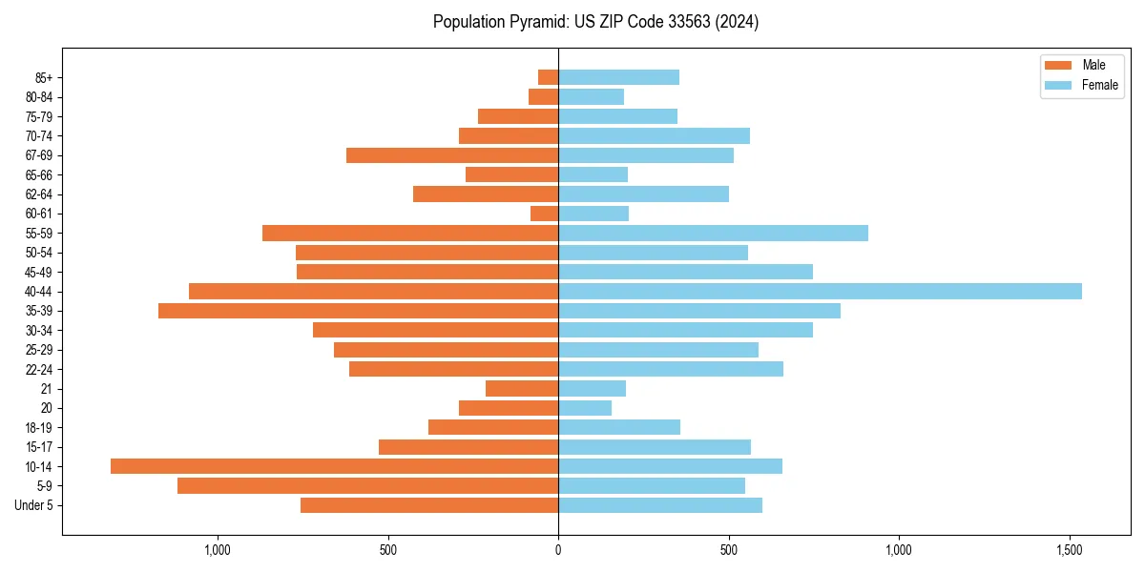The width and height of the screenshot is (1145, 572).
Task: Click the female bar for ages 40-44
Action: click(x=820, y=291)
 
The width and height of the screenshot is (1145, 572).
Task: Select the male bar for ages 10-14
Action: click(x=334, y=466)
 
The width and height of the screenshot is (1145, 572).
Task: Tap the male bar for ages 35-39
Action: click(x=358, y=311)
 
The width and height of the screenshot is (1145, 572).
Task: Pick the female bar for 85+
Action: click(x=618, y=77)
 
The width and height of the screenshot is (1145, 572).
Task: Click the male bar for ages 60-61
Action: click(x=545, y=214)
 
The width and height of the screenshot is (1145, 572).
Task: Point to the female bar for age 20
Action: click(x=585, y=408)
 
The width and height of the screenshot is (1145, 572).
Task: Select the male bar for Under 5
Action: click(x=429, y=505)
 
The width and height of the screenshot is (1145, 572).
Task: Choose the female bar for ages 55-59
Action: click(x=713, y=233)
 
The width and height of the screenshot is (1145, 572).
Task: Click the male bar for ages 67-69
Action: click(x=452, y=155)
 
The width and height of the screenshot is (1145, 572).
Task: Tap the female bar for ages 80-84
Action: click(x=591, y=96)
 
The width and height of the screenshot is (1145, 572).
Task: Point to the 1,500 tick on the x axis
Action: click(x=1069, y=550)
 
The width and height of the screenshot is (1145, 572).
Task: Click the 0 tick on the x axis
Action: click(x=558, y=550)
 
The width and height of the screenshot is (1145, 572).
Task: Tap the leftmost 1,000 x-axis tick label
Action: click(x=218, y=550)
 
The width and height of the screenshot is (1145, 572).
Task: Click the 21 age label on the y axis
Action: click(x=48, y=389)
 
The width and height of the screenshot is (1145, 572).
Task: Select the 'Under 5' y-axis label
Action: click(x=34, y=505)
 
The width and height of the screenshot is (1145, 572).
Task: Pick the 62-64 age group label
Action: click(x=39, y=194)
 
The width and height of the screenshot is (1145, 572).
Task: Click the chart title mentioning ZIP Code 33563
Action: click(x=595, y=22)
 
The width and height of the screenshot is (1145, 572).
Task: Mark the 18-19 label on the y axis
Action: click(x=39, y=427)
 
